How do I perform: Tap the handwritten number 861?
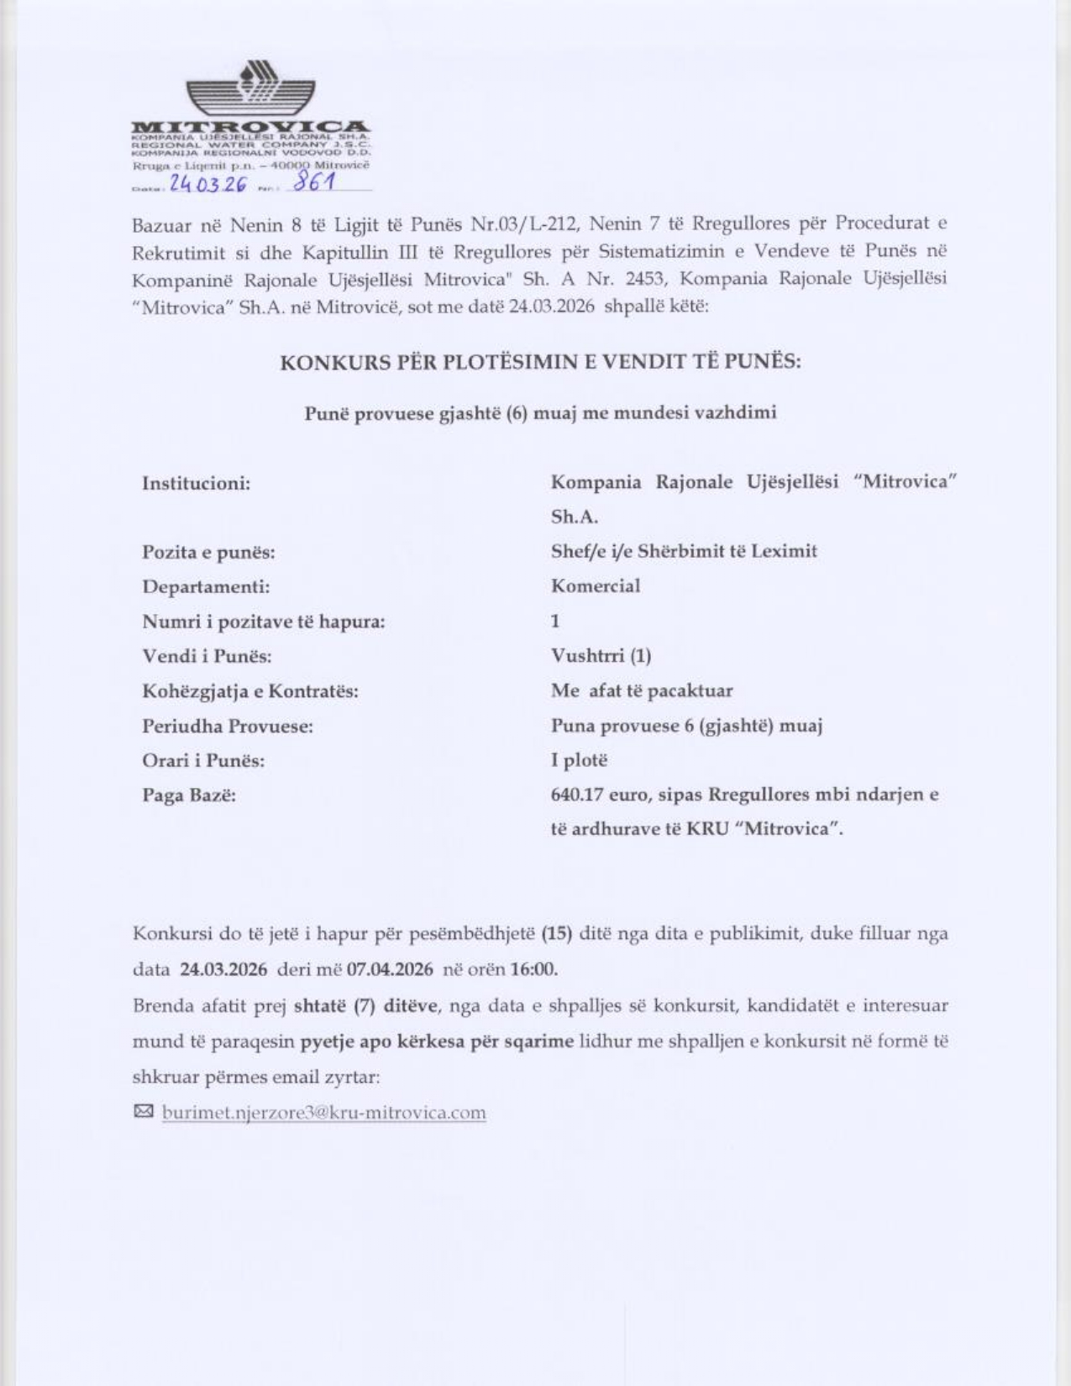click(312, 182)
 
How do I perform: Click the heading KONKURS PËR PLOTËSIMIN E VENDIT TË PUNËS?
click(540, 362)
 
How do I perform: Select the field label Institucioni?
click(197, 483)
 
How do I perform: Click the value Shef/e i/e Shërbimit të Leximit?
click(684, 551)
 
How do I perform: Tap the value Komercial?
click(595, 585)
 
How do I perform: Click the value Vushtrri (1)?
click(601, 655)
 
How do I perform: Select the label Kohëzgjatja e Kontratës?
click(249, 691)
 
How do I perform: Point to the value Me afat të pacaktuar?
click(642, 690)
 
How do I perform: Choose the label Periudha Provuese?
click(228, 726)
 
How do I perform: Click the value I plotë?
click(579, 760)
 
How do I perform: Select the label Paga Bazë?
click(189, 795)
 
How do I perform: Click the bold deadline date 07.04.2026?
click(390, 969)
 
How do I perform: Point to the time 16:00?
click(533, 969)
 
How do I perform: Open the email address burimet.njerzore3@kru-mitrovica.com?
click(324, 1112)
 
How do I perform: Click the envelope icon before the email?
click(144, 1111)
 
